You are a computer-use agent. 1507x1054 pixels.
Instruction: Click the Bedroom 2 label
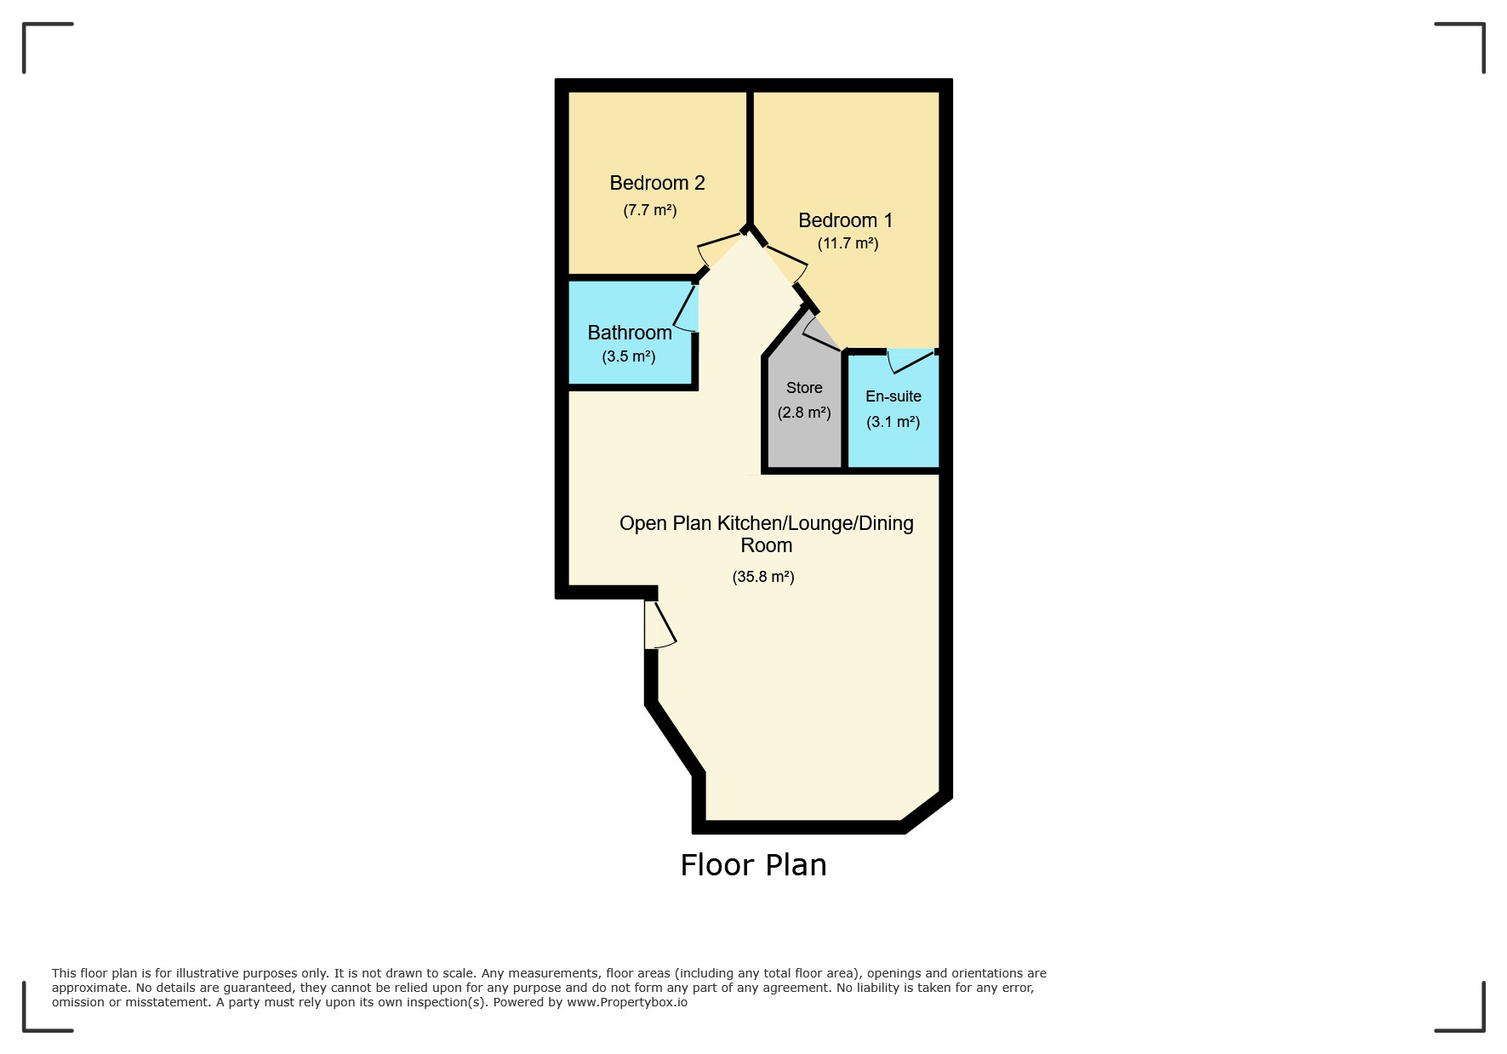(657, 183)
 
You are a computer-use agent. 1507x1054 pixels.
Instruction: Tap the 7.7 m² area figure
(650, 210)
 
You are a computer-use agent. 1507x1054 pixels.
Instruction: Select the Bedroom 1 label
(845, 220)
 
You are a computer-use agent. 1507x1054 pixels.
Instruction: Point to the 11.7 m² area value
(848, 243)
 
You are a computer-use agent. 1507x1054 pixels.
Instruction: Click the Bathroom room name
(630, 333)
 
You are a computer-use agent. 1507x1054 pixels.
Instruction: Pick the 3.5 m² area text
(629, 356)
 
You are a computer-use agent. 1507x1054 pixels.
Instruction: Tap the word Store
(804, 388)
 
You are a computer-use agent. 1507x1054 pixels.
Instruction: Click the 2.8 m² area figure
(804, 413)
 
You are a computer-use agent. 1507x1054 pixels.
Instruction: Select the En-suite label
(893, 396)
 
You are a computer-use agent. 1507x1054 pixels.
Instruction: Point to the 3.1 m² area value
(893, 422)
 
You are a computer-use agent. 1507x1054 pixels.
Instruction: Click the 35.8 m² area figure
(763, 577)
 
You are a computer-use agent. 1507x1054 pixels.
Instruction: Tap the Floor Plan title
(753, 865)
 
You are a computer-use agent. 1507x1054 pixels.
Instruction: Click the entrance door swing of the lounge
(659, 626)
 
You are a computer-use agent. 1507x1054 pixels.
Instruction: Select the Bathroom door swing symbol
(688, 310)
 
